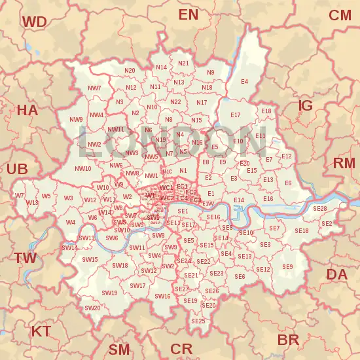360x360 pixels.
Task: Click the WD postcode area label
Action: point(34,22)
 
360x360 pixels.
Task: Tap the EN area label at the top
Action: point(188,14)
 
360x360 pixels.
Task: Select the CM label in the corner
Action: point(340,15)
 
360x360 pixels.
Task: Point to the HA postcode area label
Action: point(27,111)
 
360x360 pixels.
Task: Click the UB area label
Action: point(16,169)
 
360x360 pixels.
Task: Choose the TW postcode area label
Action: point(26,258)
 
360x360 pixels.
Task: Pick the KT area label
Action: point(41,331)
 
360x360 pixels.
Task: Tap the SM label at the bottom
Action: point(119,349)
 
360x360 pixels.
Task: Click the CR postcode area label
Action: point(181,349)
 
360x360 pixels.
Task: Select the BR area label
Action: point(288,340)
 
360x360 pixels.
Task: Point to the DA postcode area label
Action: point(337,274)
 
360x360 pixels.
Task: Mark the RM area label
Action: point(344,163)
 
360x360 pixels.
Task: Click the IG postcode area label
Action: point(306,105)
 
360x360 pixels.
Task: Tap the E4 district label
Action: point(244,82)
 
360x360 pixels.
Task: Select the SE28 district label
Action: point(319,208)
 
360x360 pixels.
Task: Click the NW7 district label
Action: point(94,88)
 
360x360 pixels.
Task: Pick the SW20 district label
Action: point(92,308)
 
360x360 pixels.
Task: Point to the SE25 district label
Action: point(198,321)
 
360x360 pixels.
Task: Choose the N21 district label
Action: point(183,63)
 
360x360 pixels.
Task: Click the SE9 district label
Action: point(287,266)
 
